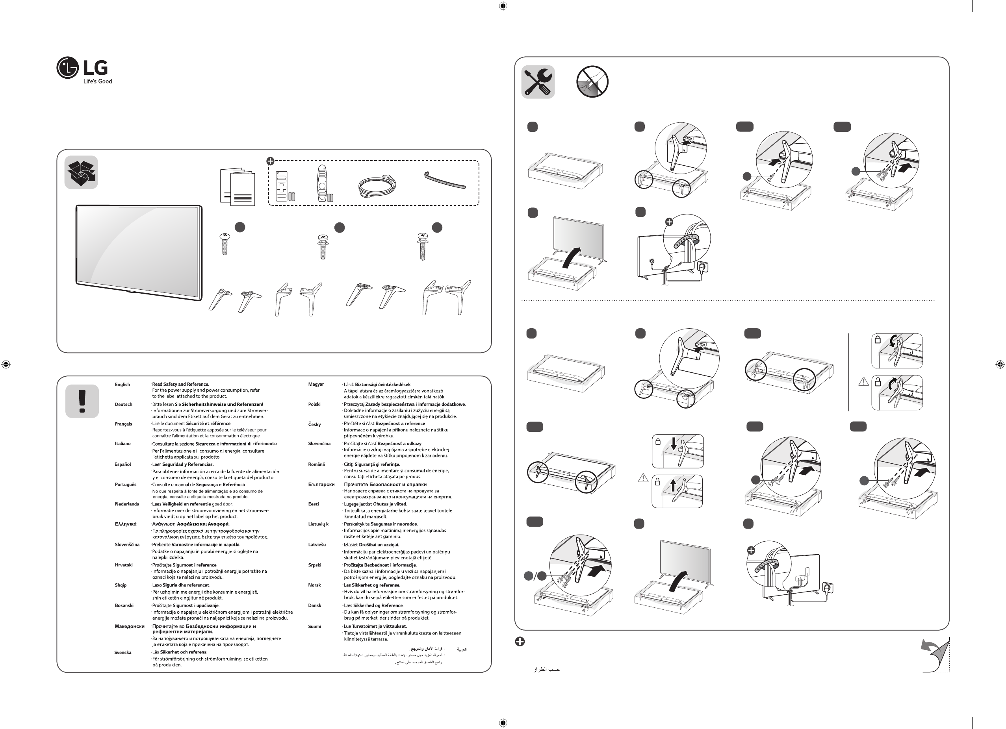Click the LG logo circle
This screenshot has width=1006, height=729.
pos(67,68)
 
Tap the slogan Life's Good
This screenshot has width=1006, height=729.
pos(98,81)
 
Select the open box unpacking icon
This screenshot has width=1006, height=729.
pos(81,172)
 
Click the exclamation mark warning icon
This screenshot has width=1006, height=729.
pos(82,401)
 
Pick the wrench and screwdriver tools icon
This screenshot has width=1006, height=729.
pos(538,82)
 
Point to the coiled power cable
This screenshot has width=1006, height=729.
pos(377,186)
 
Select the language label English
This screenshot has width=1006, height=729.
pos(123,385)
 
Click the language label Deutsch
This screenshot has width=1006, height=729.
pos(123,405)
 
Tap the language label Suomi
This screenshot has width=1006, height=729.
pos(314,627)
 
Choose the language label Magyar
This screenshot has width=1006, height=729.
pos(316,384)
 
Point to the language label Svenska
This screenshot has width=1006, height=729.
pos(123,652)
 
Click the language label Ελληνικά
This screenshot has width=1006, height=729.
pos(126,524)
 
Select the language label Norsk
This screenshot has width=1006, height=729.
pos(314,585)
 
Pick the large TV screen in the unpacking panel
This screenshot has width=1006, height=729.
pos(138,252)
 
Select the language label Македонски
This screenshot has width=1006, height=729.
pos(130,627)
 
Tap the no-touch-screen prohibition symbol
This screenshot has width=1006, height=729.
pos(592,82)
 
